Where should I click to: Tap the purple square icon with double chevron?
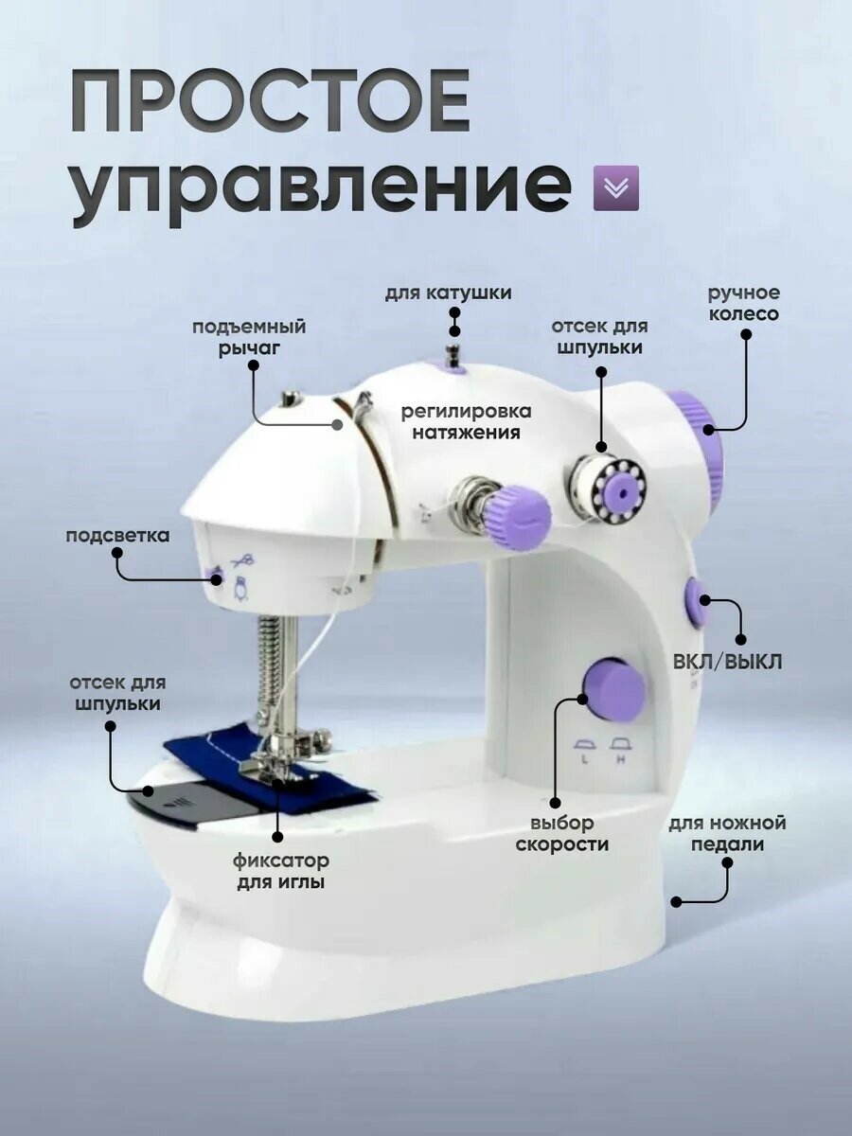pyautogui.click(x=615, y=187)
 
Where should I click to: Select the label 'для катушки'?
pyautogui.click(x=448, y=293)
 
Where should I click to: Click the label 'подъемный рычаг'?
pyautogui.click(x=249, y=337)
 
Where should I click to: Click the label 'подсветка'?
pyautogui.click(x=117, y=536)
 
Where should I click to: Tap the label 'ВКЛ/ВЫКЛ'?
pyautogui.click(x=728, y=661)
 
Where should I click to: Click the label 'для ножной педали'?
pyautogui.click(x=727, y=834)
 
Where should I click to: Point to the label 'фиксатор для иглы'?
pyautogui.click(x=281, y=872)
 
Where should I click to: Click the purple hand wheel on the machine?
pyautogui.click(x=701, y=445)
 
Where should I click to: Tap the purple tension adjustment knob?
pyautogui.click(x=518, y=516)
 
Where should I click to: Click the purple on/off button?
pyautogui.click(x=697, y=603)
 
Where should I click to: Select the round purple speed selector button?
pyautogui.click(x=612, y=689)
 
